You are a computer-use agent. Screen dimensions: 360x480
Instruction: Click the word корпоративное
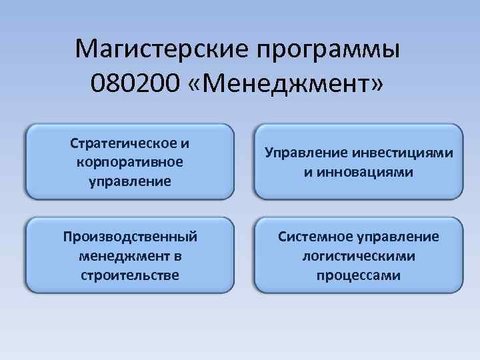[x=129, y=162]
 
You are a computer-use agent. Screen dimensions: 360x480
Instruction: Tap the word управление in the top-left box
[x=129, y=181]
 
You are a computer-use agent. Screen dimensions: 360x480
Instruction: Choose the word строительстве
[x=129, y=275]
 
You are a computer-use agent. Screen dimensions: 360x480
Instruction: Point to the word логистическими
[x=359, y=256]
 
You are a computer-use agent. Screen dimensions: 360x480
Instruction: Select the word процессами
[x=359, y=275]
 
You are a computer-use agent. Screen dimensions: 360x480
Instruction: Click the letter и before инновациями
[x=309, y=172]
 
